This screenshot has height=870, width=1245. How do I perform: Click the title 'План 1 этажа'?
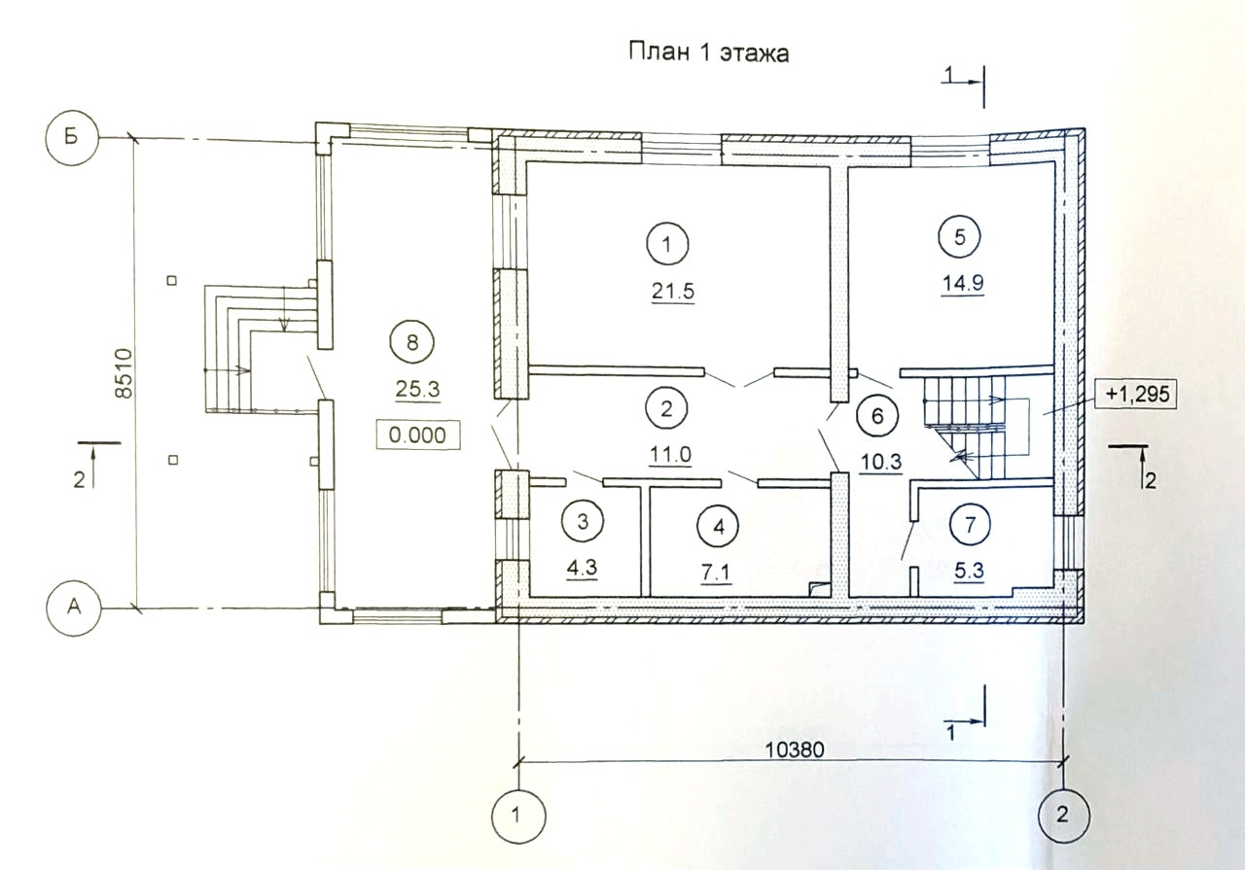[709, 53]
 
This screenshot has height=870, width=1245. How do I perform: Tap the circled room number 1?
[667, 244]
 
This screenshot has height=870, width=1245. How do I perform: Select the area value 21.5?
[673, 291]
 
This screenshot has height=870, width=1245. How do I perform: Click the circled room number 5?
[959, 237]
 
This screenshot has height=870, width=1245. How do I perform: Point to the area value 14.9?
[963, 283]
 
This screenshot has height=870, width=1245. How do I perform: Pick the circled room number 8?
[411, 342]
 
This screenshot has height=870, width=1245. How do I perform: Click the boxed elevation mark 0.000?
[417, 435]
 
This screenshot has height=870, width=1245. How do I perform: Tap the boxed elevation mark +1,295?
[1136, 394]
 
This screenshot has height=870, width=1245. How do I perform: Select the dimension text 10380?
[795, 750]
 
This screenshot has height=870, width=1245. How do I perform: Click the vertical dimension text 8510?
[125, 373]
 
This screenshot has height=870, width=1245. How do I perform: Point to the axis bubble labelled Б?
[72, 138]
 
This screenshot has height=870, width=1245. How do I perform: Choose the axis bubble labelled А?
[73, 609]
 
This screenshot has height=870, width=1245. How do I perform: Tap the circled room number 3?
[583, 522]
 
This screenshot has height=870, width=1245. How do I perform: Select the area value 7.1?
[716, 573]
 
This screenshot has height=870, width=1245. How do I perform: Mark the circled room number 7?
[971, 525]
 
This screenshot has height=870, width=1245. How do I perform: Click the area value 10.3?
[880, 462]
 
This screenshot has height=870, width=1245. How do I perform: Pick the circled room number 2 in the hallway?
[666, 409]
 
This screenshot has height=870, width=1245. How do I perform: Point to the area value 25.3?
[417, 390]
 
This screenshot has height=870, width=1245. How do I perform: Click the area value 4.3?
[582, 569]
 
